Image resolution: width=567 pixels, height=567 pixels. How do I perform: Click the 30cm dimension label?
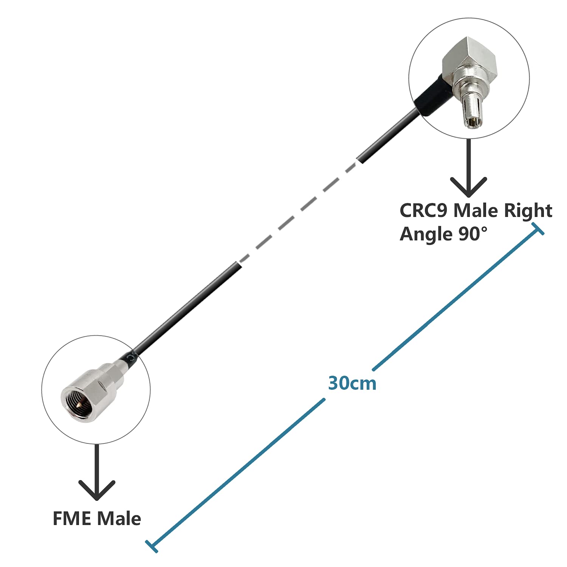click(x=352, y=383)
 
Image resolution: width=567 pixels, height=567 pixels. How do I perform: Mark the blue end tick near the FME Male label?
click(x=152, y=547)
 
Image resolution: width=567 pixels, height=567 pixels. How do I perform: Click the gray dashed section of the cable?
click(x=299, y=212)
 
